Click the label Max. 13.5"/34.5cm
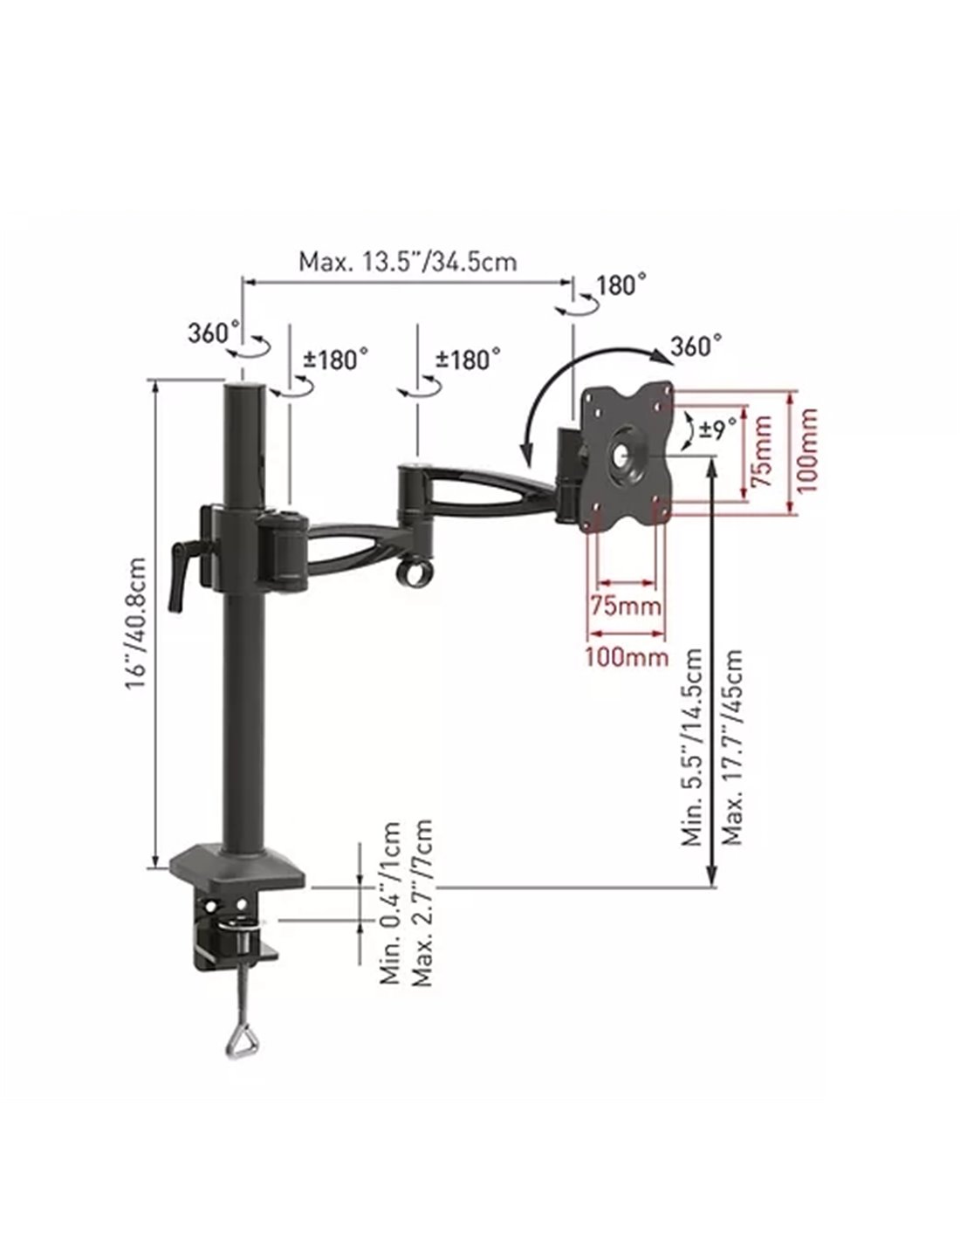(408, 262)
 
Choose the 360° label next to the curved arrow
(696, 346)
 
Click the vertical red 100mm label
(806, 451)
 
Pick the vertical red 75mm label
(761, 451)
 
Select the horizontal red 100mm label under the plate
(627, 657)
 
